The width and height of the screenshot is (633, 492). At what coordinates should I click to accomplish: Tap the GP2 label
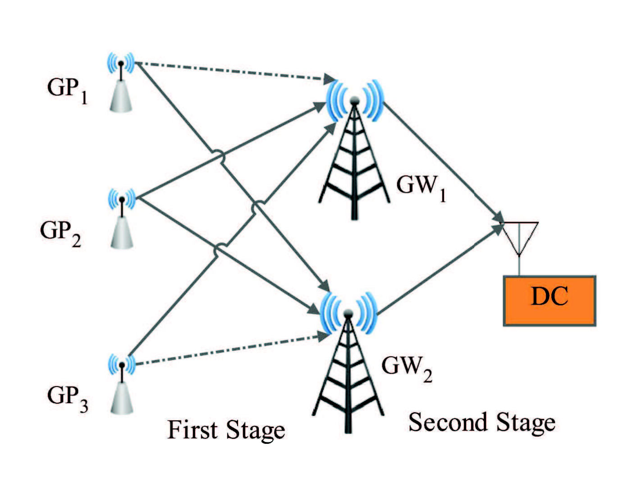[x=60, y=233]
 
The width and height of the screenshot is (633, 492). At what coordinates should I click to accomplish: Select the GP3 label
[x=68, y=399]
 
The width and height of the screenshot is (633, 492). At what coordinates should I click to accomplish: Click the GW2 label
[x=407, y=369]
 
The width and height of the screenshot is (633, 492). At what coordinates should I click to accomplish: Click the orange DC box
[x=550, y=301]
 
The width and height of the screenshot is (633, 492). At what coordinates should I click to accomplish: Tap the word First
[x=193, y=430]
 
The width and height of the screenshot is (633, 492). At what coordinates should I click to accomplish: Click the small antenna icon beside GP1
[x=121, y=82]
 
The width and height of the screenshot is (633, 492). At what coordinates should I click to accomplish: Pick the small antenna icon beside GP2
[x=122, y=219]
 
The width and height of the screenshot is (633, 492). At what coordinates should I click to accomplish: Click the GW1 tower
[x=354, y=149]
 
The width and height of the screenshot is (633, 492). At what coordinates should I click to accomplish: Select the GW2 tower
[x=348, y=362]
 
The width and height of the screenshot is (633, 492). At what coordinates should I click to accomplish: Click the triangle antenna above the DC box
[x=519, y=239]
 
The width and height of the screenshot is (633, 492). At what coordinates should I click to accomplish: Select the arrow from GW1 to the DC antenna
[x=443, y=162]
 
